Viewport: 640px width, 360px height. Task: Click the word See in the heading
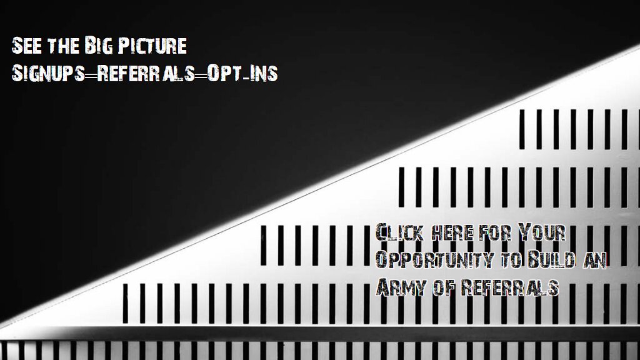26,46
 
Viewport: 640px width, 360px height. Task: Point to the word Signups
48,73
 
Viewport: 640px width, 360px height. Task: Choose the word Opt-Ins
242,73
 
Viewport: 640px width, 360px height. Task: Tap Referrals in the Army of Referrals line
510,287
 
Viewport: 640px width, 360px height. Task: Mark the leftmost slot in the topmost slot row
522,129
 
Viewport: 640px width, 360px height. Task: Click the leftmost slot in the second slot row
402,186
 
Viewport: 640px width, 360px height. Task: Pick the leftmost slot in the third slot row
264,245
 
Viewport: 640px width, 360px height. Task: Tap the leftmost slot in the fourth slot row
125,303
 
